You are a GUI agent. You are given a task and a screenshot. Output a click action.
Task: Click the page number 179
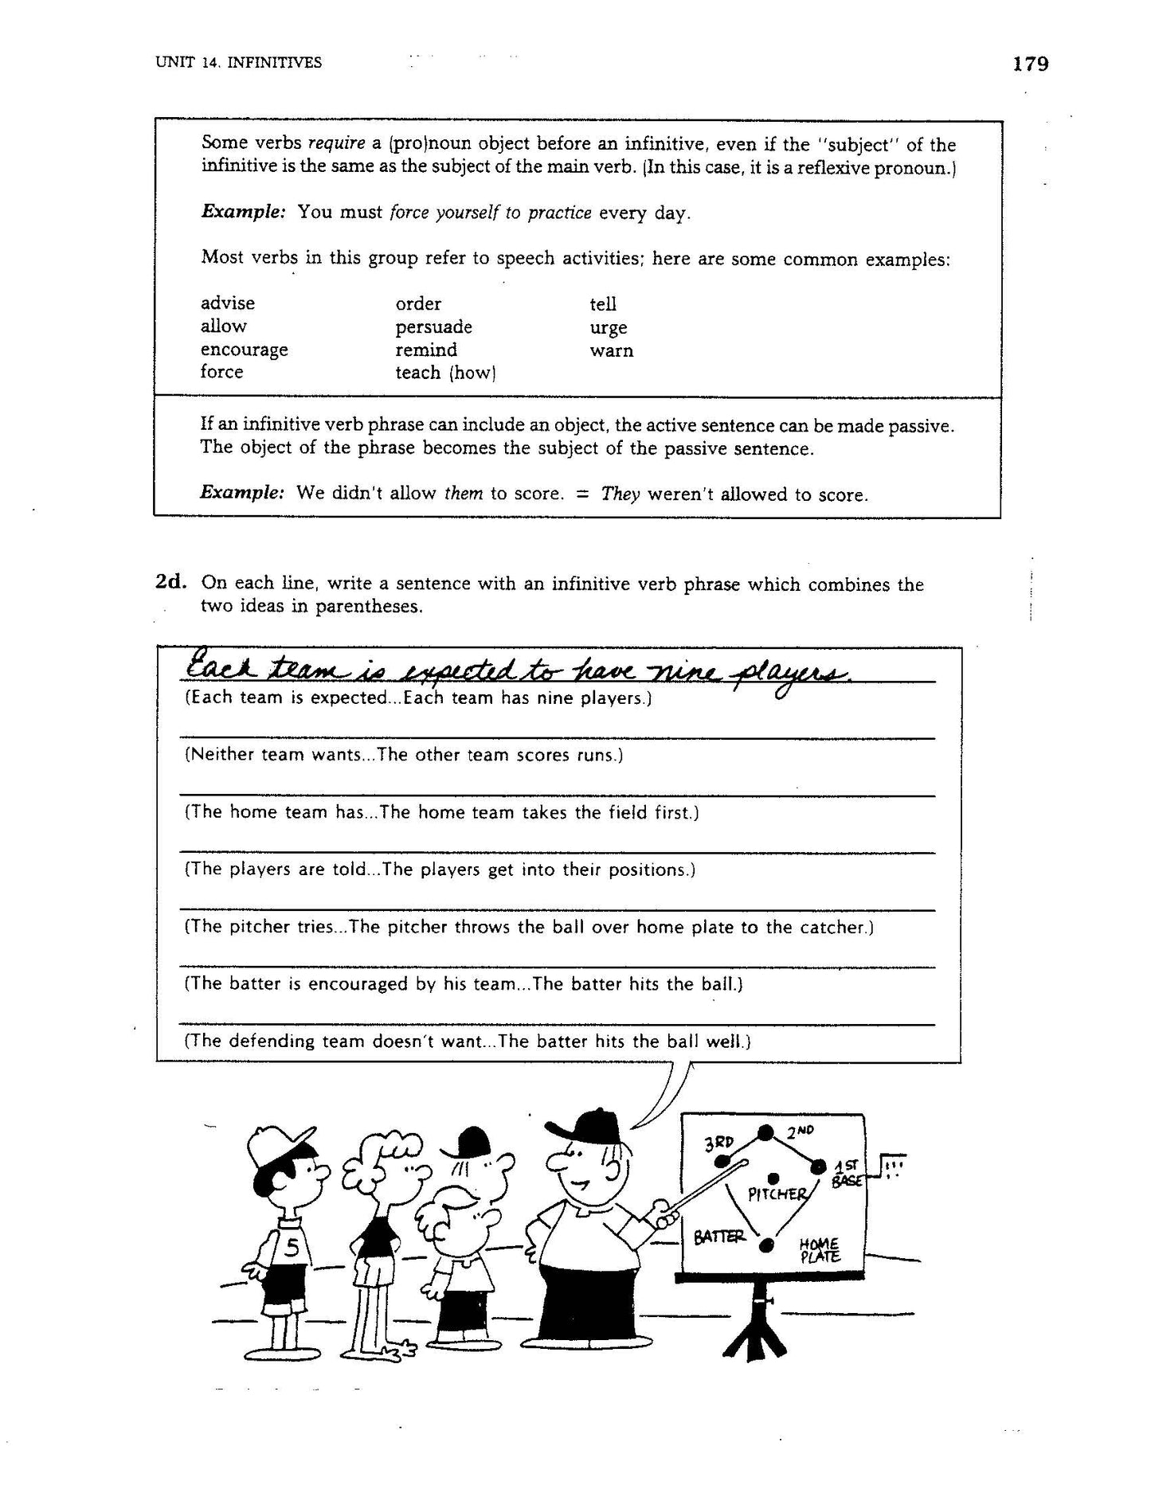pos(1030,64)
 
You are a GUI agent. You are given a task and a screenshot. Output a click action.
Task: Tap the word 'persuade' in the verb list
pos(433,327)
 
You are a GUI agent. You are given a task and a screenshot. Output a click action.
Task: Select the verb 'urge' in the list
pos(608,328)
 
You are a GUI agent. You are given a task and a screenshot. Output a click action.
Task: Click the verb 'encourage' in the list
pos(244,350)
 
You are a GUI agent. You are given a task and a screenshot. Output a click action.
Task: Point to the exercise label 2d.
pos(171,582)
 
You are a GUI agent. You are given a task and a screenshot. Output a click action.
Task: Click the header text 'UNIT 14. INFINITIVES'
pos(239,62)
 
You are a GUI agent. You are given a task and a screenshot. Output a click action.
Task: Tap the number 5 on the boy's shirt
pos(292,1248)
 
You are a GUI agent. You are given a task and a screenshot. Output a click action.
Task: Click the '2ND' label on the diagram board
pos(800,1131)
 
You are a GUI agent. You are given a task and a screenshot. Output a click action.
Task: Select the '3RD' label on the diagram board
pos(719,1144)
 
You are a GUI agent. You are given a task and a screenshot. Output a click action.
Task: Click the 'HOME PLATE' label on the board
pos(821,1251)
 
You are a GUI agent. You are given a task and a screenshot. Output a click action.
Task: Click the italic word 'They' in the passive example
pos(621,494)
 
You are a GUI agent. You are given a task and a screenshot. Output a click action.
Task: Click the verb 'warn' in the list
pos(611,350)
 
